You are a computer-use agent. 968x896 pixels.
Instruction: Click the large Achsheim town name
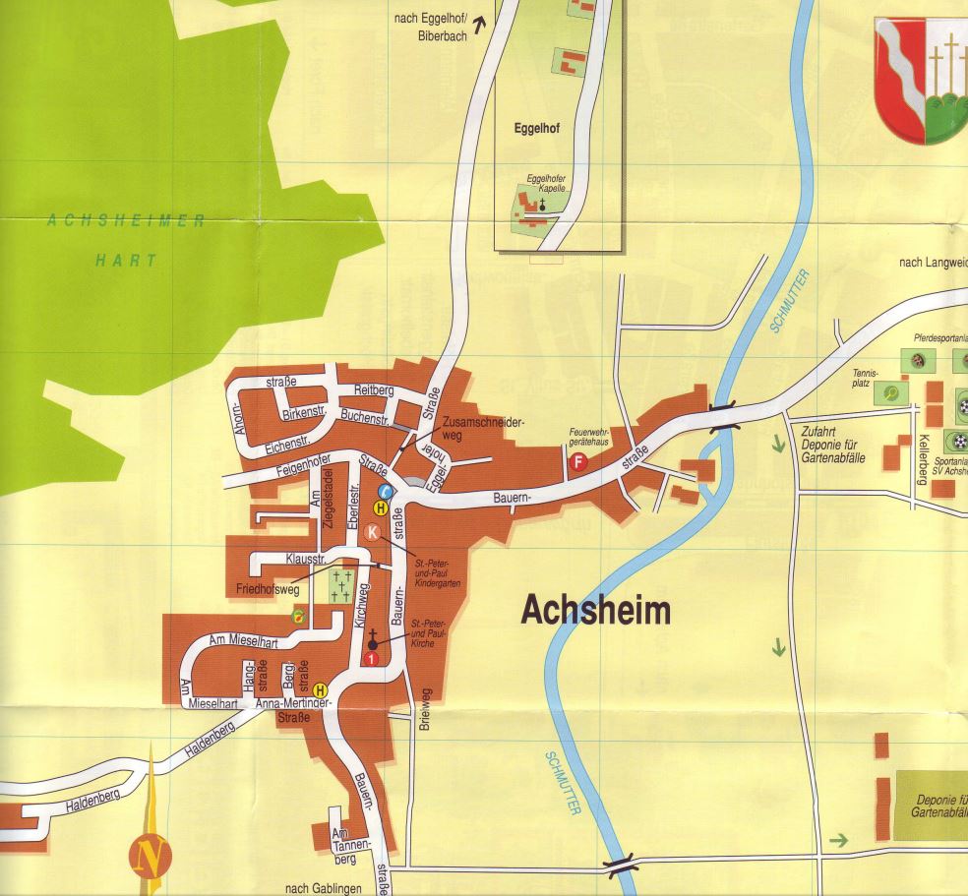[595, 611]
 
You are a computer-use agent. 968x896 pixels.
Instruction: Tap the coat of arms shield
[921, 79]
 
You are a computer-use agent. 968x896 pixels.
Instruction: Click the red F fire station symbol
[579, 461]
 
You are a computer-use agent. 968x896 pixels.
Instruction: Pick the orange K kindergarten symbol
[373, 533]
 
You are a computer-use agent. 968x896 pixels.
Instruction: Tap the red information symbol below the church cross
[371, 658]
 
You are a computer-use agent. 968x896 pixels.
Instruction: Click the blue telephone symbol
[387, 492]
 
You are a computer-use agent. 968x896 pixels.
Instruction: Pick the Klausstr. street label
[304, 558]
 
